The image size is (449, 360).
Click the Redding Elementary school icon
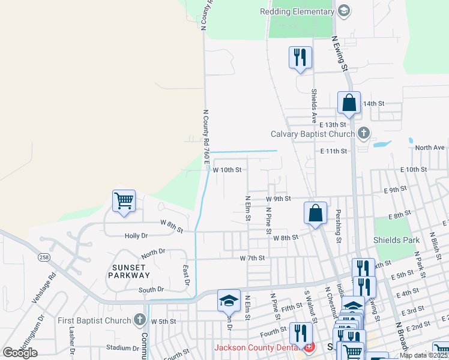click(x=344, y=11)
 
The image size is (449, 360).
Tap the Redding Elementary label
click(x=297, y=11)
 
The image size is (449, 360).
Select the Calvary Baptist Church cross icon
click(x=363, y=133)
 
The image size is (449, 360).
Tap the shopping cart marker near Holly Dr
click(x=124, y=201)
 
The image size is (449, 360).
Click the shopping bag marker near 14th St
click(x=349, y=103)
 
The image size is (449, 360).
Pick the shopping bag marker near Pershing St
click(x=315, y=214)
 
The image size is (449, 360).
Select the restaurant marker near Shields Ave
click(x=300, y=58)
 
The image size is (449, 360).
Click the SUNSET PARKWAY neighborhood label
click(x=128, y=271)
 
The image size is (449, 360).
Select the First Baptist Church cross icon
click(x=140, y=319)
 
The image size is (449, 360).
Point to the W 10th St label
click(x=227, y=170)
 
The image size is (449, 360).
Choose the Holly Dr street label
click(x=136, y=236)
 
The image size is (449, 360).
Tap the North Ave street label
click(x=430, y=148)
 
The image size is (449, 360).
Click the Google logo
click(x=20, y=352)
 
